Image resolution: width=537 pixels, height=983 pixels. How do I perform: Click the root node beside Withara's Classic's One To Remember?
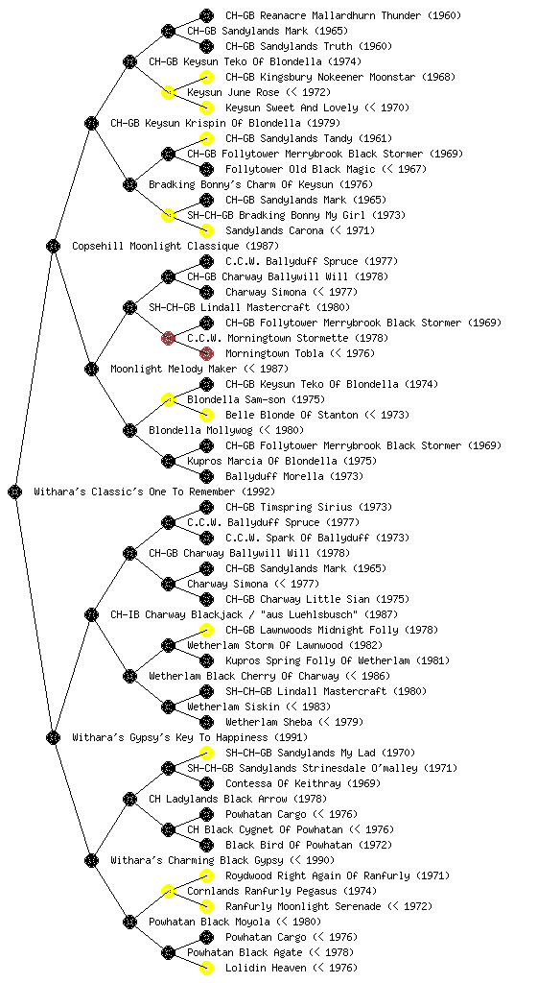(15, 491)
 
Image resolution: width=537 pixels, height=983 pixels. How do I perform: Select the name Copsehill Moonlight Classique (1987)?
(175, 246)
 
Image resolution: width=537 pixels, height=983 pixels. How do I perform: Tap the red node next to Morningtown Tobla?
(206, 353)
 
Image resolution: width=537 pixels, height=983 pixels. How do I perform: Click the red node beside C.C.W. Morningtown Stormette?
(168, 338)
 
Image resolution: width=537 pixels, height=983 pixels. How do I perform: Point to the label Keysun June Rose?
(224, 92)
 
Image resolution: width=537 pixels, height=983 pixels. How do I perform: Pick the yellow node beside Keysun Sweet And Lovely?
(206, 108)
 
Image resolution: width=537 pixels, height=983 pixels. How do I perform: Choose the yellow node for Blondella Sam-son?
(168, 399)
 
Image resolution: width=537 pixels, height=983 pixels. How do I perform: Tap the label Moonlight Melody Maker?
(174, 369)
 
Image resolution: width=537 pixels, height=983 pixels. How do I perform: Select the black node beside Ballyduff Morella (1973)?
(206, 476)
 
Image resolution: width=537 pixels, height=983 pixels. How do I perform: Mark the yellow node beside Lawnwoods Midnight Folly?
(206, 630)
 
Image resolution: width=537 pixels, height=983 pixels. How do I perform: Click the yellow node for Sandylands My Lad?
(206, 753)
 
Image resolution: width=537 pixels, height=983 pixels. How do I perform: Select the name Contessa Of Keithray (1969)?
(303, 783)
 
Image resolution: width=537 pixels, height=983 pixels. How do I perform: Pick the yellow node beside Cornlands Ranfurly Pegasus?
(168, 891)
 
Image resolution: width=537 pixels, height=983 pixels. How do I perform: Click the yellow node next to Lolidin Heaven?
(206, 968)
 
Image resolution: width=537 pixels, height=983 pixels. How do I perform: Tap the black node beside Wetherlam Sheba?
(206, 722)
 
